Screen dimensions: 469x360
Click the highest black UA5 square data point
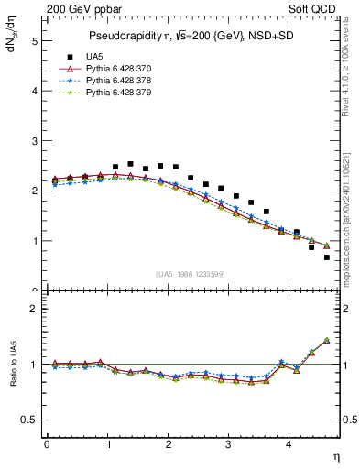click(x=130, y=164)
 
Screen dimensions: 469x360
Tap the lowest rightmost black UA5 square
click(x=327, y=257)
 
